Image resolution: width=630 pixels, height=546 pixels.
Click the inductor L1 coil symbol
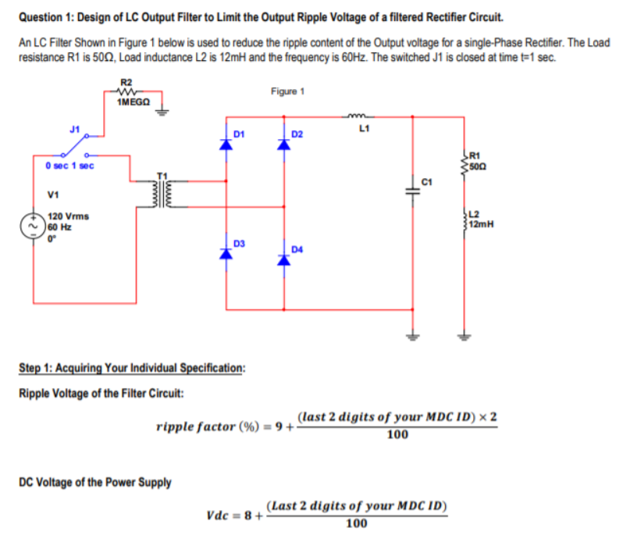tap(361, 118)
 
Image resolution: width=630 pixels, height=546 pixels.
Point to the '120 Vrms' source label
tap(66, 216)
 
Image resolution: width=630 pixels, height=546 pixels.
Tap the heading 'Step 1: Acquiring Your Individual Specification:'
tap(131, 368)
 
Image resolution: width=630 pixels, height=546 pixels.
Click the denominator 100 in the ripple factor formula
tap(397, 435)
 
